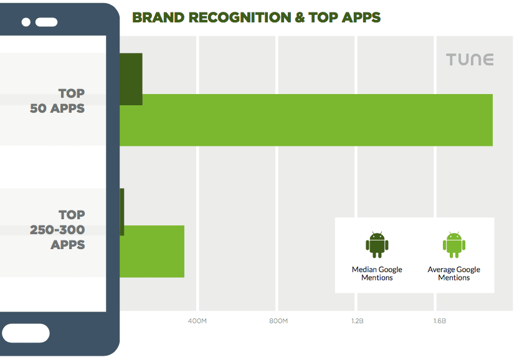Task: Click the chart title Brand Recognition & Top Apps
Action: (256, 17)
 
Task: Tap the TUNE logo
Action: (470, 60)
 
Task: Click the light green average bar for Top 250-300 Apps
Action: (152, 251)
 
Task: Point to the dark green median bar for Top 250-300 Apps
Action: (122, 212)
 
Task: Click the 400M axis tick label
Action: (197, 321)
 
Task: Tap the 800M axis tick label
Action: (278, 321)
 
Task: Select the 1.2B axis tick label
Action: (357, 321)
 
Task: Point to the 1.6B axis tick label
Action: (439, 321)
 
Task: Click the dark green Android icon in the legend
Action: (377, 245)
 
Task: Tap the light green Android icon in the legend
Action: (453, 245)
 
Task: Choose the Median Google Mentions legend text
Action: (377, 273)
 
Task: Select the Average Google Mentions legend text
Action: (453, 273)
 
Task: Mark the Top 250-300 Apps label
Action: (58, 230)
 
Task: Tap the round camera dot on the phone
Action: (26, 22)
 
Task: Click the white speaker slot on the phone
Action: (46, 22)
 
